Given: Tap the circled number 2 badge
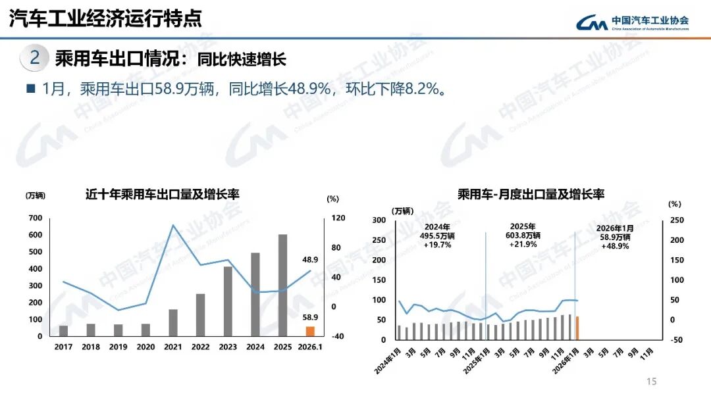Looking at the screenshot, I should click(35, 58).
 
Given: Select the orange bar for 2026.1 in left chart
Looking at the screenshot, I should click(310, 331).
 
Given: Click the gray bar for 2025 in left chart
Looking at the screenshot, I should click(282, 285).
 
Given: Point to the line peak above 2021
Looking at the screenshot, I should click(173, 226).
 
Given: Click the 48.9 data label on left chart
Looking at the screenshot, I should click(310, 260).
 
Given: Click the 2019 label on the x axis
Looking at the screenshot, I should click(118, 347).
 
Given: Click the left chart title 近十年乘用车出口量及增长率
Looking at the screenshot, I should click(162, 194).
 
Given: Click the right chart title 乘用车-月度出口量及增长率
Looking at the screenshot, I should click(531, 194).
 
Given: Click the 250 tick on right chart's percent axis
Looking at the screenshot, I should click(676, 220).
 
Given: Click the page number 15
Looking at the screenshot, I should click(652, 382).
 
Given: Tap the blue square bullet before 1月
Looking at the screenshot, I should click(30, 88).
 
